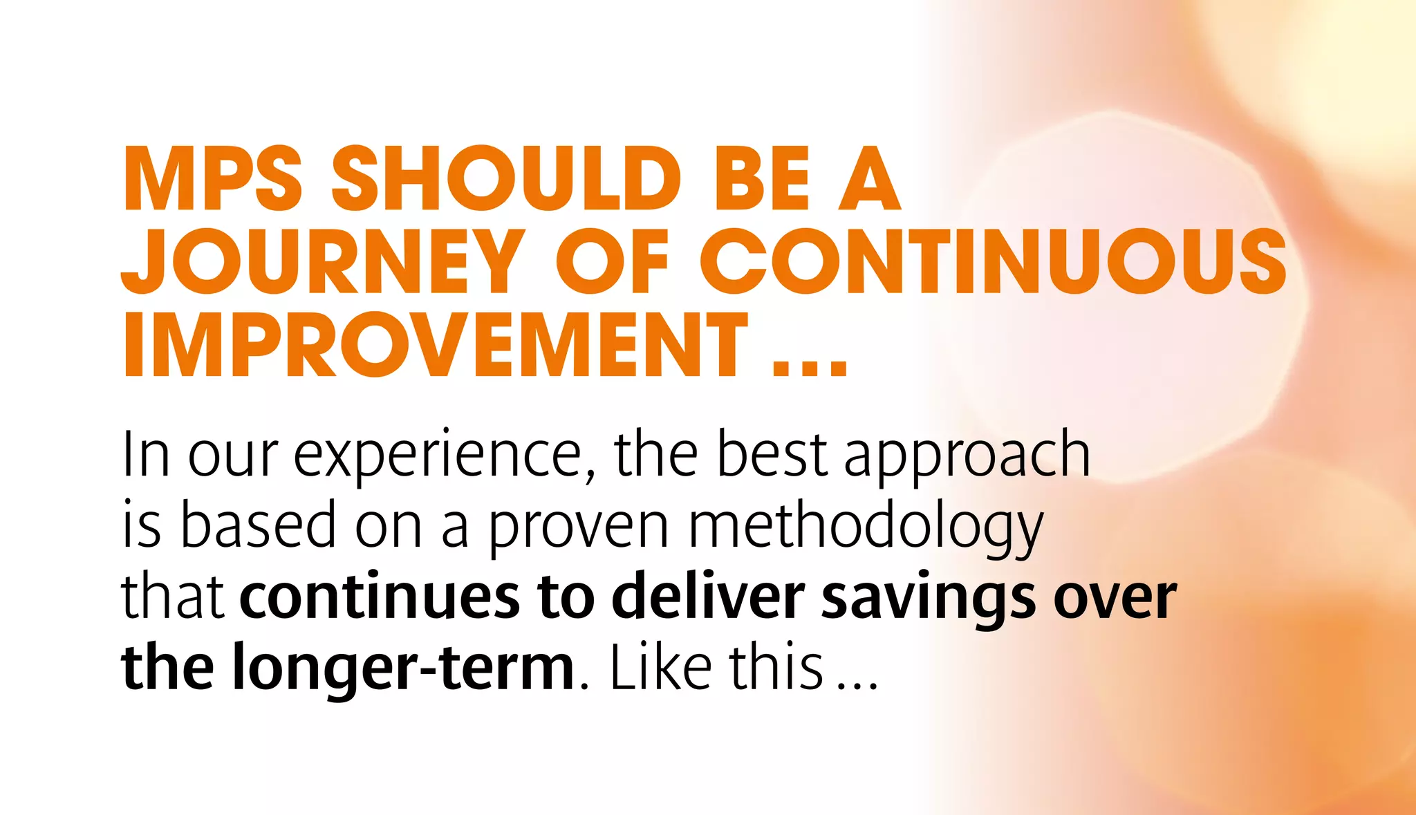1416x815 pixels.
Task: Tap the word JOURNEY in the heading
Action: [x=322, y=262]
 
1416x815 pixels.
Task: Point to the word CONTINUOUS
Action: [x=993, y=262]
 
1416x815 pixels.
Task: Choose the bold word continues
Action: [x=379, y=597]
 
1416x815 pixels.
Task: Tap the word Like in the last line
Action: [x=660, y=667]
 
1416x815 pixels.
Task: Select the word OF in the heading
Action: [x=613, y=262]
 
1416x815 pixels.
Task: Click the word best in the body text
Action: [x=771, y=455]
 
